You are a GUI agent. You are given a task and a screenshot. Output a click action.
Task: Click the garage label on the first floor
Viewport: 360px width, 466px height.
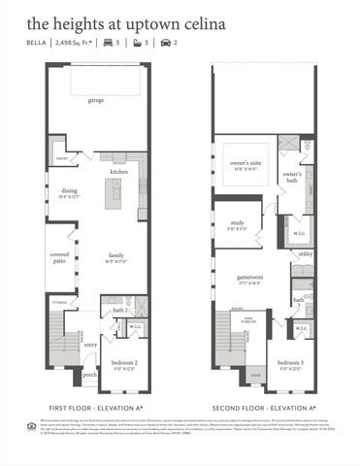coord(96,100)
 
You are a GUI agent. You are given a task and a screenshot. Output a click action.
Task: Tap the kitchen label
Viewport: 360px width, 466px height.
coord(118,172)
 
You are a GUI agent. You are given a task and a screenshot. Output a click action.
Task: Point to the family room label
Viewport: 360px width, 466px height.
coord(116,256)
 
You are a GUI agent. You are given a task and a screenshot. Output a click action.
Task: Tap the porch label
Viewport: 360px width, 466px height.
coord(89,374)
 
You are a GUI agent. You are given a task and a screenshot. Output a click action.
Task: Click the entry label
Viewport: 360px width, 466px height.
coord(90,344)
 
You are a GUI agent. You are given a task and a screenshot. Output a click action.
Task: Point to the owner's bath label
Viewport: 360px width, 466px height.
coord(293,176)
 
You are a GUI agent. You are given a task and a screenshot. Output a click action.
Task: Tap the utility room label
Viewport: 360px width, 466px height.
coord(305,253)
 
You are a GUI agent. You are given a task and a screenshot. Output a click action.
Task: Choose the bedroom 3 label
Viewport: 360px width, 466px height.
coord(291,362)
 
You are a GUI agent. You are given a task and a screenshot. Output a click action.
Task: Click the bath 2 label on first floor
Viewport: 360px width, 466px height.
coord(118,311)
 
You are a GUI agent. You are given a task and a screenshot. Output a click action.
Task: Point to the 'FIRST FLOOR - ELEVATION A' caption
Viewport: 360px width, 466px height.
coord(97,407)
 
